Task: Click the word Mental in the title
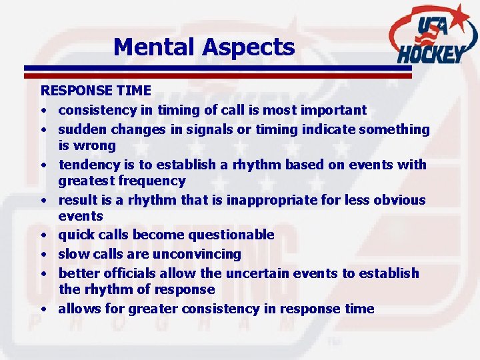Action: pos(155,47)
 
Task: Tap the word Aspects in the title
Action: pos(249,47)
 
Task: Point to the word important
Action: pos(335,109)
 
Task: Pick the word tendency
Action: pos(87,164)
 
